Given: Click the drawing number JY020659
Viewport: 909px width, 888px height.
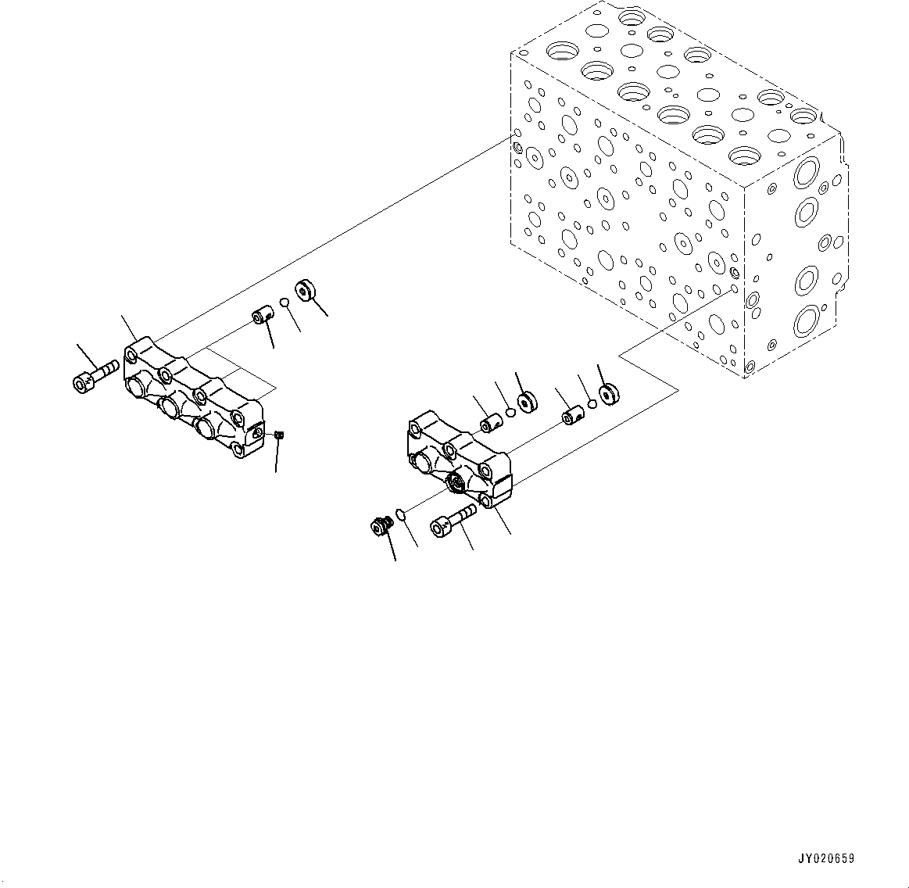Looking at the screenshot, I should click(825, 858).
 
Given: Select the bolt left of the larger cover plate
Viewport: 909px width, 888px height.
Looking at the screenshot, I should click(94, 376).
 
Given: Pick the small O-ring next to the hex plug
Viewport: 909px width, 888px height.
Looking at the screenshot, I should click(399, 514).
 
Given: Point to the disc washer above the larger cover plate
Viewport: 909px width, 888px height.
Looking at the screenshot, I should click(304, 291).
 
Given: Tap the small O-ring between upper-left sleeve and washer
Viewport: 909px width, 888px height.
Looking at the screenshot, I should click(285, 303).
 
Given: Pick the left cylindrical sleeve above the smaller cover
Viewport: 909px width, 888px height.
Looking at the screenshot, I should click(491, 423).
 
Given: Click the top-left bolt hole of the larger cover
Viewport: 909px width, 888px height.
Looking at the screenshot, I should click(132, 356).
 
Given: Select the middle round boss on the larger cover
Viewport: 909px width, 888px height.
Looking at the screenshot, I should click(169, 406).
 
